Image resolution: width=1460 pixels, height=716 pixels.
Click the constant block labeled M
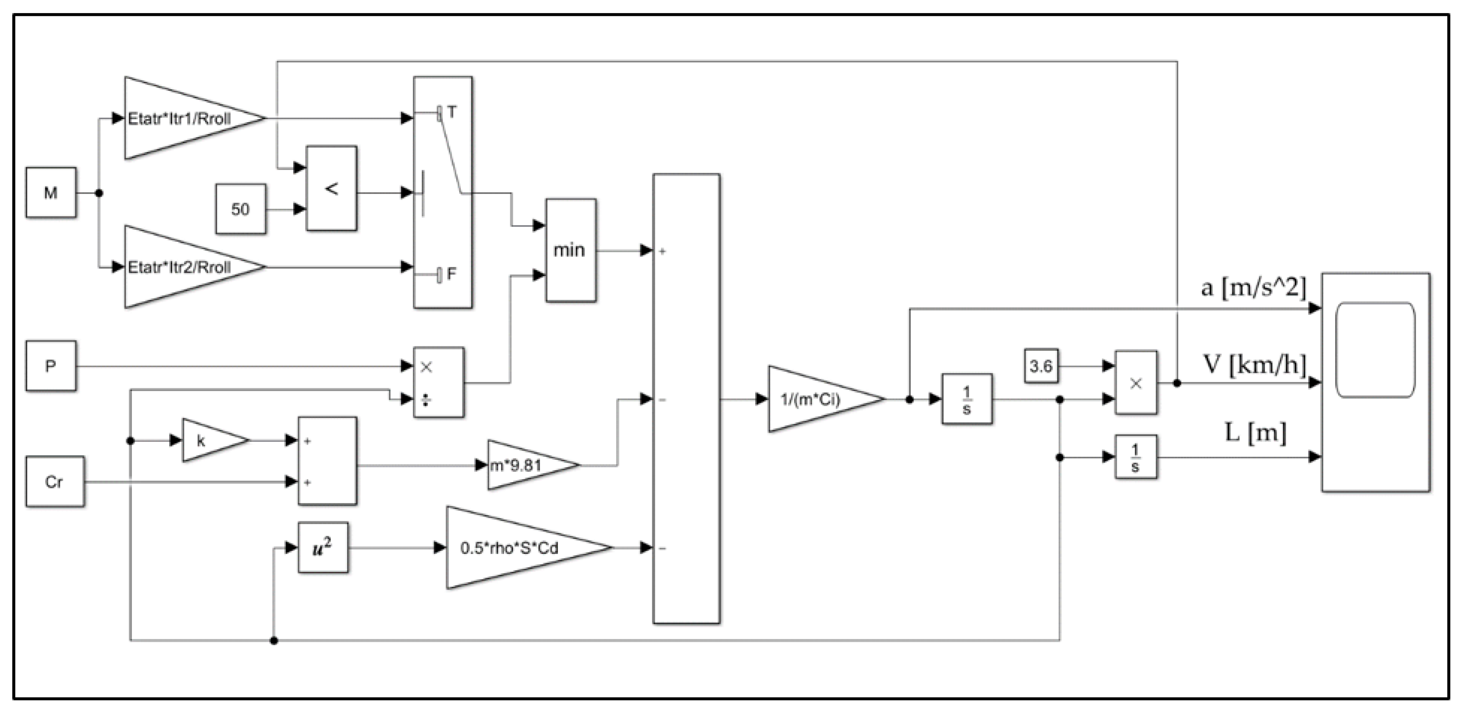tap(51, 193)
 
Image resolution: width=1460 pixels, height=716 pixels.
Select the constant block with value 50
tap(240, 209)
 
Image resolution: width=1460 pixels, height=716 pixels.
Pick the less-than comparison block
tap(331, 188)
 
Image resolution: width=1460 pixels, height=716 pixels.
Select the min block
tap(570, 250)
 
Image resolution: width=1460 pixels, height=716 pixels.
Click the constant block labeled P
tap(51, 366)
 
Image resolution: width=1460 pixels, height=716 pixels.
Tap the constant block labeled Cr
tap(54, 481)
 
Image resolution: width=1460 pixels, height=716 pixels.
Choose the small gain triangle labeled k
tap(210, 441)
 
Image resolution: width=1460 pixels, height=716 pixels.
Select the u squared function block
tap(323, 548)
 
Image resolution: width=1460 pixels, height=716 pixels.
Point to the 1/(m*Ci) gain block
tap(816, 399)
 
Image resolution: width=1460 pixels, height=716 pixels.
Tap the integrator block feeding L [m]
tap(1135, 457)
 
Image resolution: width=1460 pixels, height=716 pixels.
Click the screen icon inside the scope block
tap(1375, 350)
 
